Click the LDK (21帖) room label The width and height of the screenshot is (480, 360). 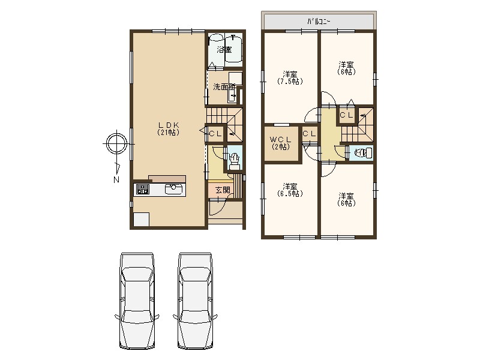168,128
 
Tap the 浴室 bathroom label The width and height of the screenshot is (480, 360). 224,50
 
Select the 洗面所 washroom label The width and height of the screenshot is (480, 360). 224,87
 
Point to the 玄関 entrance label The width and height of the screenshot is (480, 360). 223,190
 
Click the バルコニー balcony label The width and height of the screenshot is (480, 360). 319,22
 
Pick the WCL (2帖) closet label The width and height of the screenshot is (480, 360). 281,143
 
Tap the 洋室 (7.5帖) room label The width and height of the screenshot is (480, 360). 290,78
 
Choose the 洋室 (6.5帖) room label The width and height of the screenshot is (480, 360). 290,190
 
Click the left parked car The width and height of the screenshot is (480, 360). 137,301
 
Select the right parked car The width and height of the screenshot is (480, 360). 195,301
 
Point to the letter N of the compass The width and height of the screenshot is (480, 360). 116,180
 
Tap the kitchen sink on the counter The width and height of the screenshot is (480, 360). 173,189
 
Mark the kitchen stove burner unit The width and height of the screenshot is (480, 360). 143,189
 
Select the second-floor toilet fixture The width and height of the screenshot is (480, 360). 363,153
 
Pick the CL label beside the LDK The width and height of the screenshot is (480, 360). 215,134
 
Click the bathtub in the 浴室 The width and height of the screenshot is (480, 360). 233,49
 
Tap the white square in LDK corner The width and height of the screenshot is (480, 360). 141,219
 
